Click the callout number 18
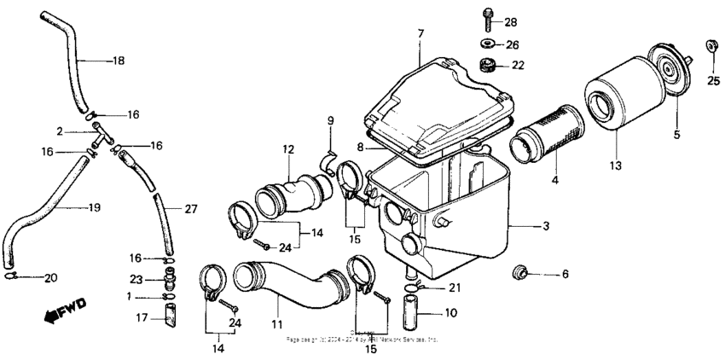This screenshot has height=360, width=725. click(x=119, y=61)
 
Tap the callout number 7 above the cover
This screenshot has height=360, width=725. click(x=420, y=32)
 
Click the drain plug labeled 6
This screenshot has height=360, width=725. click(x=517, y=273)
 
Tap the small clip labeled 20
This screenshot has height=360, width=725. click(x=14, y=276)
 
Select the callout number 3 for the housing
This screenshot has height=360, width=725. click(x=547, y=226)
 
